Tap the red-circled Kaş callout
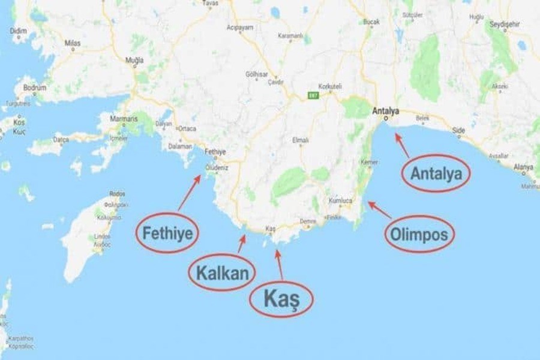coord(281,298)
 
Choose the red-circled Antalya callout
coord(436,173)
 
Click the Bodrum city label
coord(35,88)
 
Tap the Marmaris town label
coord(124,118)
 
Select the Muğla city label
coord(134,61)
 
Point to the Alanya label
coord(523,167)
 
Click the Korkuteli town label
coord(329,86)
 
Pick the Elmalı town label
coord(299,140)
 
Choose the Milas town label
coord(72,43)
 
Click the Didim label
coord(19,30)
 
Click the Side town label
coord(458,130)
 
